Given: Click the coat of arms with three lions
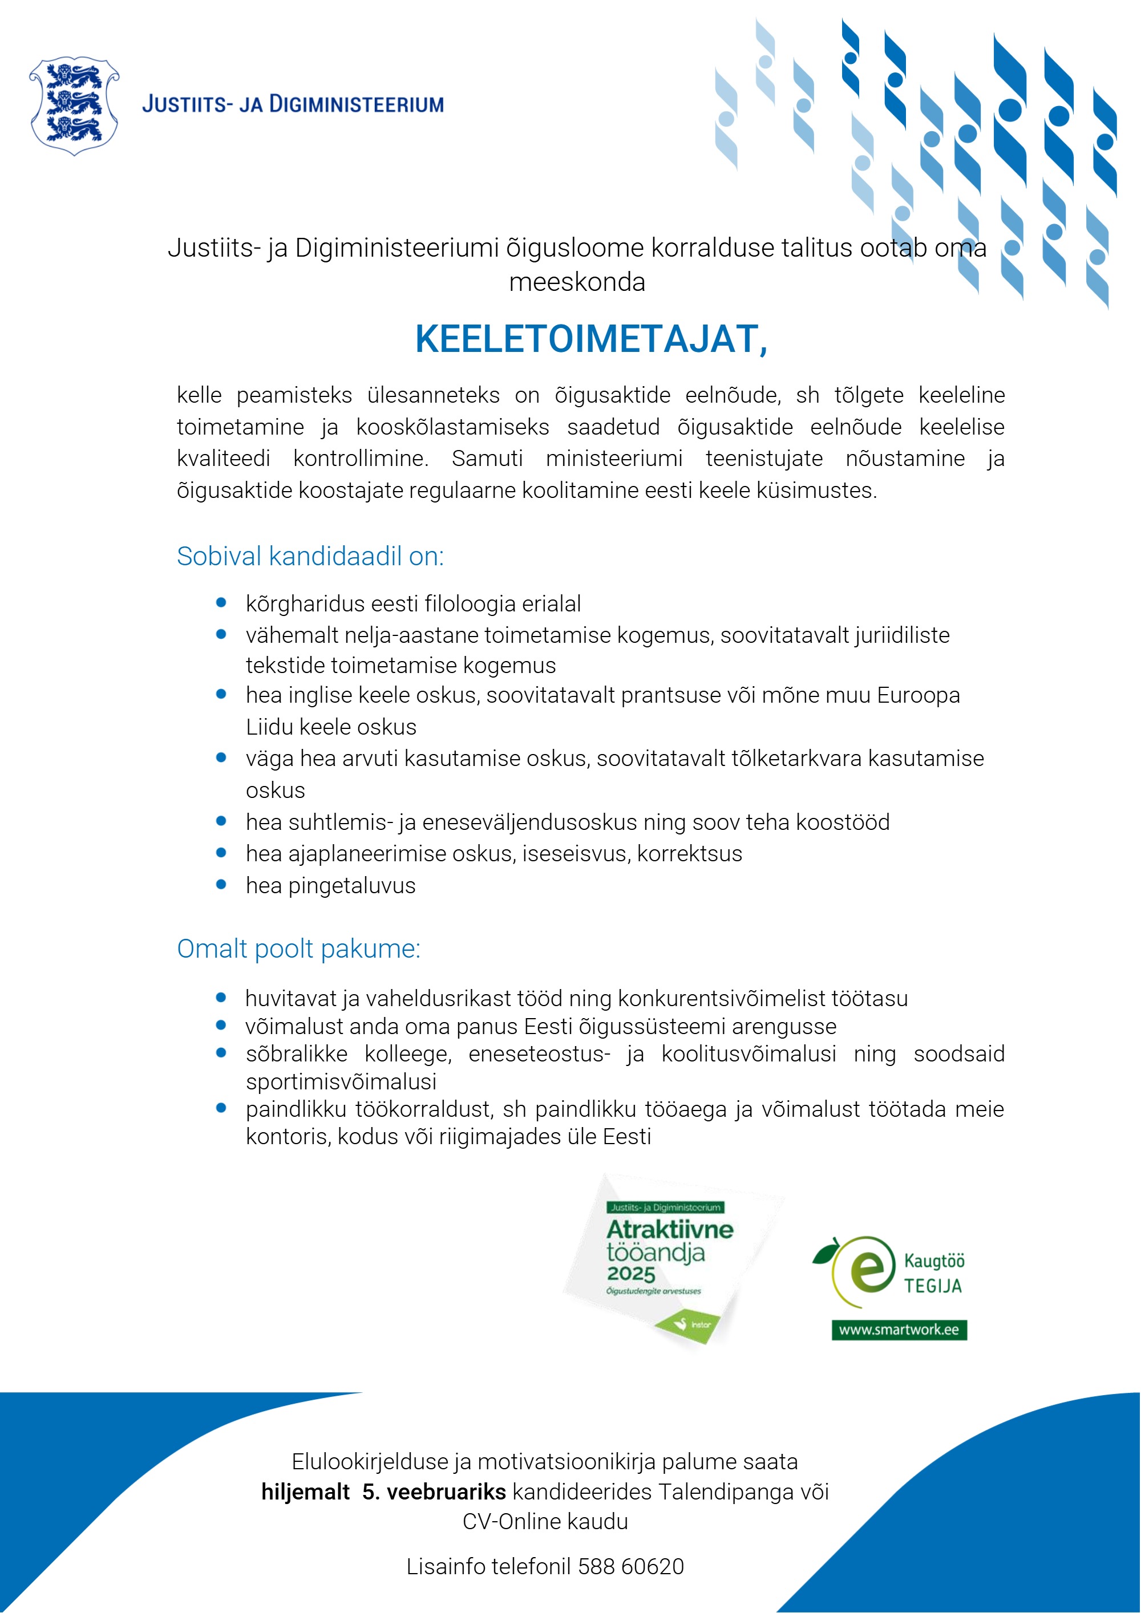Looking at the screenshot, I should [x=74, y=106].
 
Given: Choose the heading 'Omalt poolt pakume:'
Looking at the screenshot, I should [x=298, y=949].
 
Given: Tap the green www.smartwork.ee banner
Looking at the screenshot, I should [x=899, y=1330].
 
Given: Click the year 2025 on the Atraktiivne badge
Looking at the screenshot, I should [x=631, y=1274].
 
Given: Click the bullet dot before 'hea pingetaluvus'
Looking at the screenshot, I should [x=221, y=885].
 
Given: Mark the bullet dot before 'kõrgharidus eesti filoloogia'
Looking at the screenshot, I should [x=221, y=603].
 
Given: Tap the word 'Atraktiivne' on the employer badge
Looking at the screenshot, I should [x=670, y=1229].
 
